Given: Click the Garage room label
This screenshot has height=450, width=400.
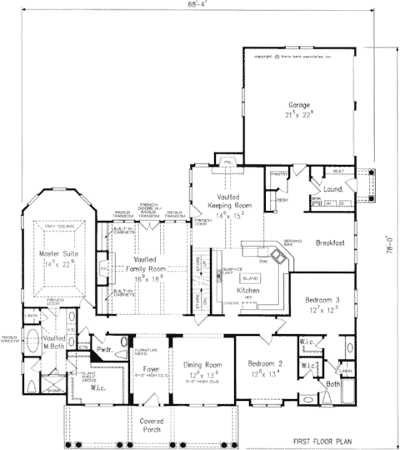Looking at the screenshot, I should [299, 105].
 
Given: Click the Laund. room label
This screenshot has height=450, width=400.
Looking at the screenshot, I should [336, 189].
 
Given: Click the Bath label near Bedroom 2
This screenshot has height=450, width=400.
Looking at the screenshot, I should [333, 384].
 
